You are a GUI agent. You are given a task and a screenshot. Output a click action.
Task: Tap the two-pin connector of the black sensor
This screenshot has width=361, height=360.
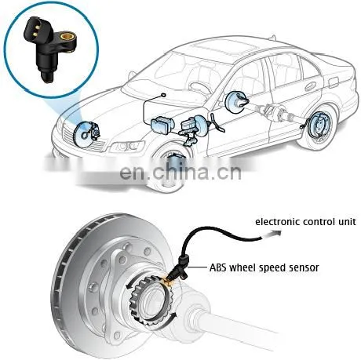point(35,27)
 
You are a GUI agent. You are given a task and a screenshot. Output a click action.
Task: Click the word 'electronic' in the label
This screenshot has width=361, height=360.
point(277,222)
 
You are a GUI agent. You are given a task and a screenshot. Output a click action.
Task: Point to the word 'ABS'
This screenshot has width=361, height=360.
point(217,267)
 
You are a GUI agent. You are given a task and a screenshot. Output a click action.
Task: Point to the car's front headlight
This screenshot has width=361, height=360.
point(127,146)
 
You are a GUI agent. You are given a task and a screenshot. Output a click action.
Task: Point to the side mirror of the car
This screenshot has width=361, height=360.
point(132,75)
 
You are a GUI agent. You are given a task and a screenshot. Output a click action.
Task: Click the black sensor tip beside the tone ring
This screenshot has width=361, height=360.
point(173,276)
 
